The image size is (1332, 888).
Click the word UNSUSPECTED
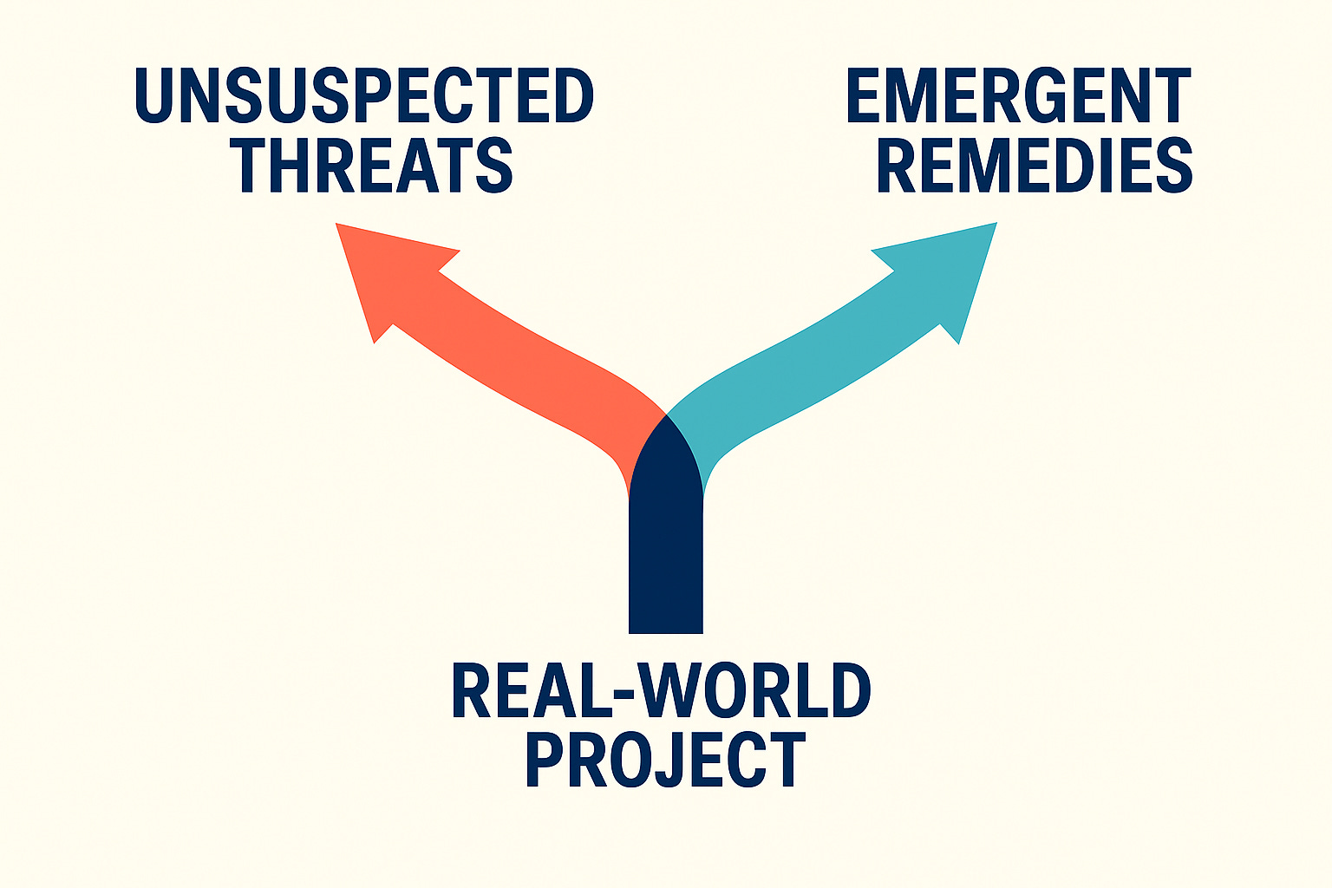364,95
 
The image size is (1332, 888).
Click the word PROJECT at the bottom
665,760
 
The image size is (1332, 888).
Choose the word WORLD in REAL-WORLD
754,691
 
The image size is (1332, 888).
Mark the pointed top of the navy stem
666,419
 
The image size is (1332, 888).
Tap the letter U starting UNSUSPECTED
156,95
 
